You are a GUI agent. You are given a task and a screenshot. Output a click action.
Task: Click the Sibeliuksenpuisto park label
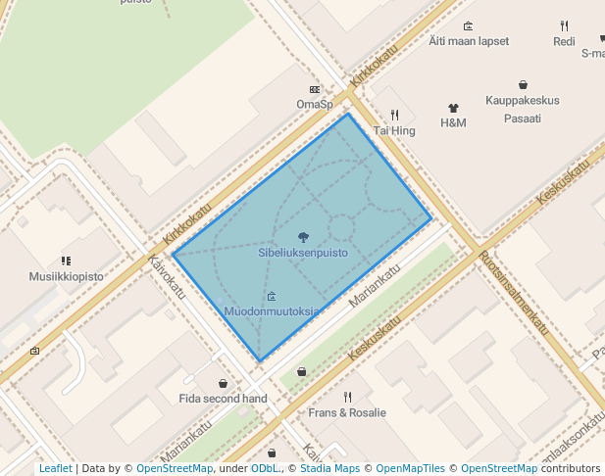(303, 253)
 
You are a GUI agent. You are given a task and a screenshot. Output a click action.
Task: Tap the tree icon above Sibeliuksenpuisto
(303, 237)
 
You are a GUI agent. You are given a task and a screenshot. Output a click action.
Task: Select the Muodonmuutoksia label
(272, 311)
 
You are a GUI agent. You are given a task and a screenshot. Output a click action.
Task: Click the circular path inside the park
(341, 228)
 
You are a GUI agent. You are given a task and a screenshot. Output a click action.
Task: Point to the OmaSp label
(315, 104)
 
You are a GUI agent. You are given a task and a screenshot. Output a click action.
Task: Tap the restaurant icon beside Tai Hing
(395, 115)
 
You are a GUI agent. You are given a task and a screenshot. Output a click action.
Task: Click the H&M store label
(453, 122)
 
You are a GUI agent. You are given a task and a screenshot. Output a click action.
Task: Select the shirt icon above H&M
(453, 108)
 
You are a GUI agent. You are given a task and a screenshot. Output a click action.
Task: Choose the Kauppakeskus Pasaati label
(523, 109)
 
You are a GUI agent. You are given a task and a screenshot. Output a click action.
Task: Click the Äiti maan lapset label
(469, 42)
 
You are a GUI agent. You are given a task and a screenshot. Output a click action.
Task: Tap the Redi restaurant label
(564, 42)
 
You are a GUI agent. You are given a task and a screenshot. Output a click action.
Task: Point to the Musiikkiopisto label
(66, 277)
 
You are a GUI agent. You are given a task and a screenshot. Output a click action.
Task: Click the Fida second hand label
(223, 399)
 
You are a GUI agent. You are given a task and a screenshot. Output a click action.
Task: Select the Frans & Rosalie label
(347, 412)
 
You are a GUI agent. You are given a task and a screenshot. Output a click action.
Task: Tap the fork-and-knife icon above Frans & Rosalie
(347, 397)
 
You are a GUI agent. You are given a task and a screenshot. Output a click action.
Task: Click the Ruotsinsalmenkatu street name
(515, 295)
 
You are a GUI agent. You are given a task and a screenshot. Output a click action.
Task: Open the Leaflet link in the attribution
(56, 469)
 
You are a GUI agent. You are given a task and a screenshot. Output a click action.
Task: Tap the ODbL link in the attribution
(265, 469)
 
